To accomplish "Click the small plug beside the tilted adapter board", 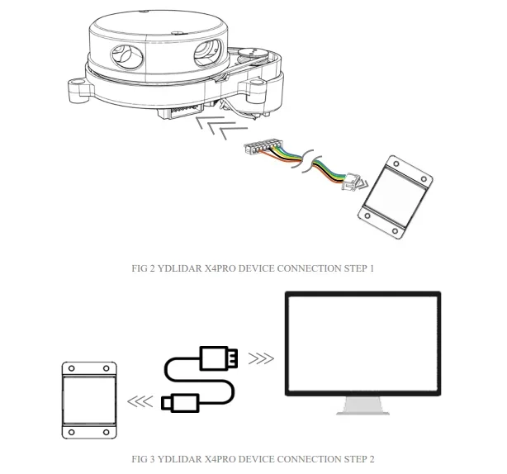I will pyautogui.click(x=353, y=177).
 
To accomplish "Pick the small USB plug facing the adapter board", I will pyautogui.click(x=179, y=402).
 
